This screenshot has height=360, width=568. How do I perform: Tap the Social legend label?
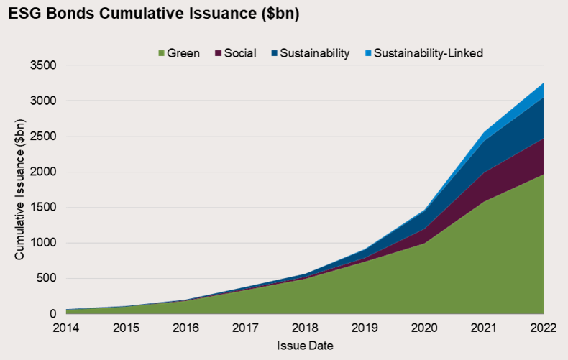tap(239, 53)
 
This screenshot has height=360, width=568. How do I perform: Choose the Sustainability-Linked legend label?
tap(429, 53)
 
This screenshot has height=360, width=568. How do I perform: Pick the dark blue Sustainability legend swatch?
tap(273, 53)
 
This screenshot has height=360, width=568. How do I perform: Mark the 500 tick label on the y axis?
tap(48, 278)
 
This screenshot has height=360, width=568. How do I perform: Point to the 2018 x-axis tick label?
tap(304, 328)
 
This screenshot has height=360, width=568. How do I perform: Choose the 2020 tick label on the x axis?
tap(423, 328)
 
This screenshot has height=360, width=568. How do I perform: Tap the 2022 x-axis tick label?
tap(542, 328)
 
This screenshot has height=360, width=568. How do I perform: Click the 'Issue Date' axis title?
tap(305, 346)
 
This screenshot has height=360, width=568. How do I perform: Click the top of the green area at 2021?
tap(483, 201)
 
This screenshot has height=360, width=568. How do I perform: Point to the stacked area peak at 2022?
tap(542, 83)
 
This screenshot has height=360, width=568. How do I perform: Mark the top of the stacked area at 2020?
tap(423, 211)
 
